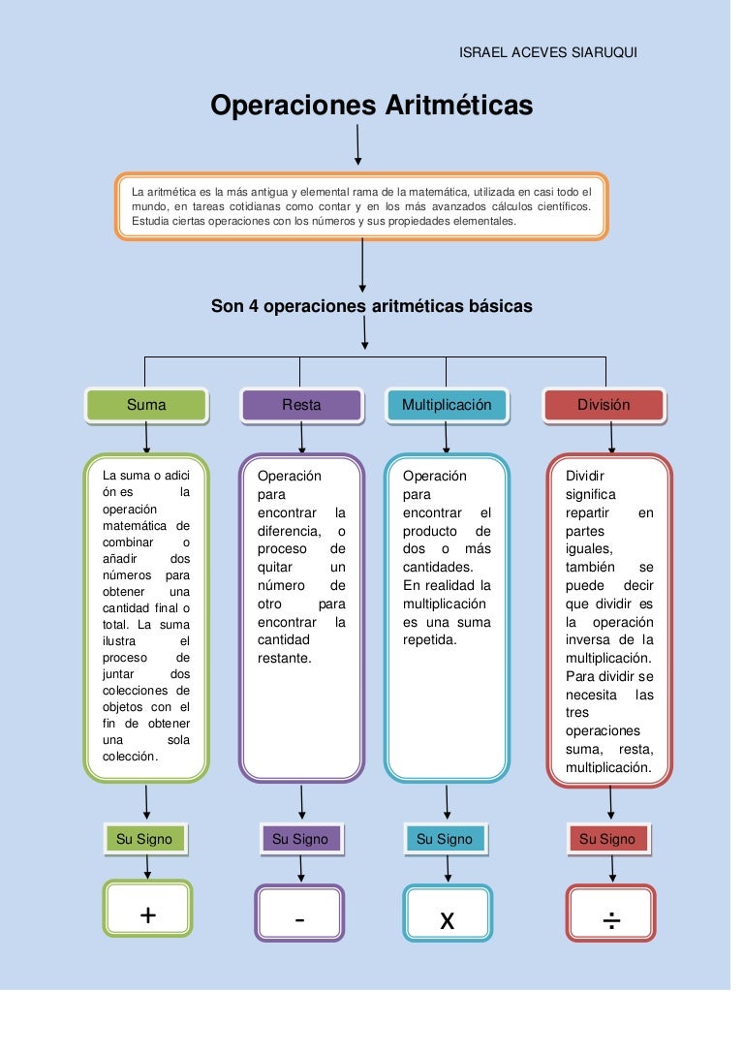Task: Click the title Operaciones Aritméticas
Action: click(x=372, y=105)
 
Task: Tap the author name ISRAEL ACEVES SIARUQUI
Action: click(x=547, y=51)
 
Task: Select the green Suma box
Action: click(x=146, y=405)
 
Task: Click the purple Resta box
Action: click(x=301, y=405)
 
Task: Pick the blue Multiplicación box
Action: click(x=447, y=405)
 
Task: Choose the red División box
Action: click(x=604, y=405)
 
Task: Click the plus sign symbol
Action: click(x=148, y=914)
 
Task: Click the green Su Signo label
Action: click(x=144, y=839)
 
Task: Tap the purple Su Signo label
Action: click(x=300, y=839)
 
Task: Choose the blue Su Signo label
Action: click(x=445, y=839)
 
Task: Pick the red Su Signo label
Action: click(x=607, y=839)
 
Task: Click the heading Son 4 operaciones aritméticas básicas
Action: click(x=372, y=306)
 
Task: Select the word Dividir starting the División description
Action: click(x=584, y=476)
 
